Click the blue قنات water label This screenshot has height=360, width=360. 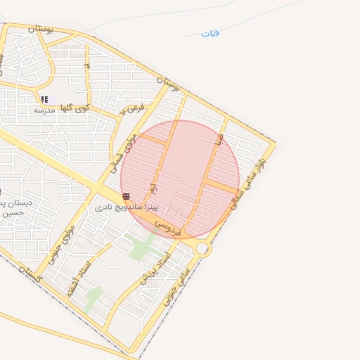tap(210, 33)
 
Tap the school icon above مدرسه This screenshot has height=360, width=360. tap(44, 99)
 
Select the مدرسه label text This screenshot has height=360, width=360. tap(45, 110)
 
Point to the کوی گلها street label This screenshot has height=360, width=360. tap(74, 108)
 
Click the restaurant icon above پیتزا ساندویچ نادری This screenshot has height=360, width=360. tap(126, 197)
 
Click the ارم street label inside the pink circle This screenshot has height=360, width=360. tap(152, 190)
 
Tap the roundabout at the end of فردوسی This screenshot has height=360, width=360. tap(203, 248)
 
